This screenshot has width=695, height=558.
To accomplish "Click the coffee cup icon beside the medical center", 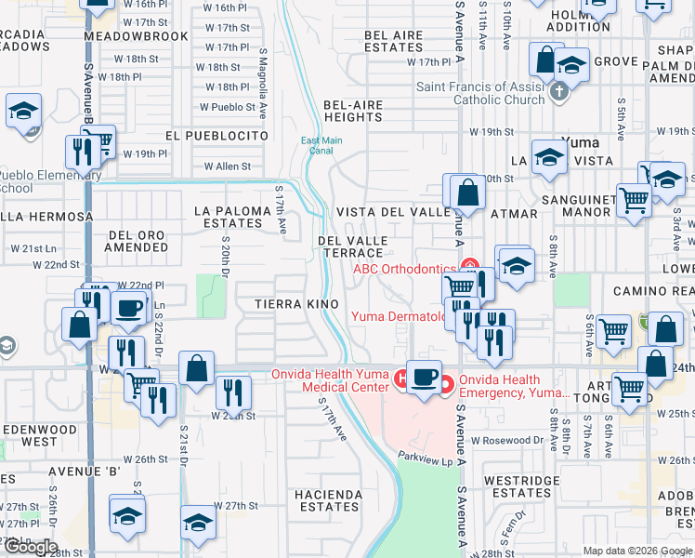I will [425, 378].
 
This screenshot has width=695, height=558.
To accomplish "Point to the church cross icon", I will [557, 92].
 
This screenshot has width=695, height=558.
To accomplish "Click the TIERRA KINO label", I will [289, 304].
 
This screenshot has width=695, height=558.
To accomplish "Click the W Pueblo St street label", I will [227, 107].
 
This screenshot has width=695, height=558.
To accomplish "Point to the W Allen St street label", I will [228, 166].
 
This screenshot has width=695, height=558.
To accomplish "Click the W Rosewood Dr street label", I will [506, 440].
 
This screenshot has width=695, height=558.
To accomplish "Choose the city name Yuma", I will [582, 142].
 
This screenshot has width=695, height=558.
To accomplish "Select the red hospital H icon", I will [401, 378].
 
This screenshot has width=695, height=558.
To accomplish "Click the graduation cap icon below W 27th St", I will [198, 524].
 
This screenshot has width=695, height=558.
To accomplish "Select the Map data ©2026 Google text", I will [636, 551].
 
